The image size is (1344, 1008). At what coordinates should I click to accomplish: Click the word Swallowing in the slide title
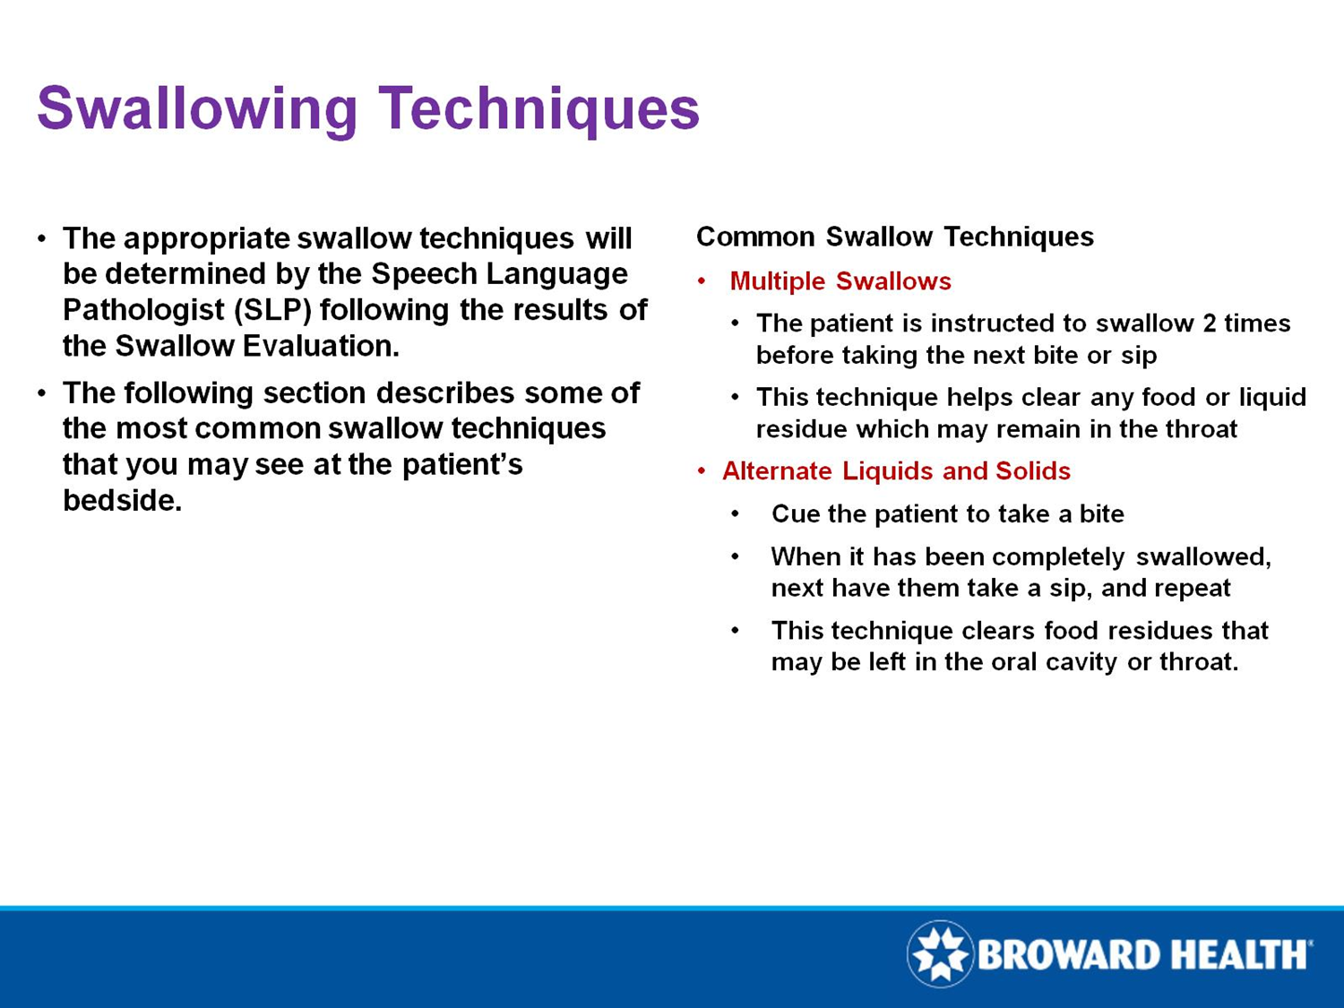[197, 109]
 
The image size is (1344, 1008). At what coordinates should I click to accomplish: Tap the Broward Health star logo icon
[940, 953]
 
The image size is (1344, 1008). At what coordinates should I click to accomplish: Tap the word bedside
[122, 500]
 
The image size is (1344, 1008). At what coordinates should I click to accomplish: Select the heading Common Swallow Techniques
[894, 237]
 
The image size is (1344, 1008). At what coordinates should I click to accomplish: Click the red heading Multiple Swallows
[840, 281]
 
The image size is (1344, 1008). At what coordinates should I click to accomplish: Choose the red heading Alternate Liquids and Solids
[896, 471]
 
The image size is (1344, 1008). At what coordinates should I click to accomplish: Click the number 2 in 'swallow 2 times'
[1210, 323]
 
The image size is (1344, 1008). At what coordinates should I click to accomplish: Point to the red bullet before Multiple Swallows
[702, 282]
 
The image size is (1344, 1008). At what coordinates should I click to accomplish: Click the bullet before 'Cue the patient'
[735, 514]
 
